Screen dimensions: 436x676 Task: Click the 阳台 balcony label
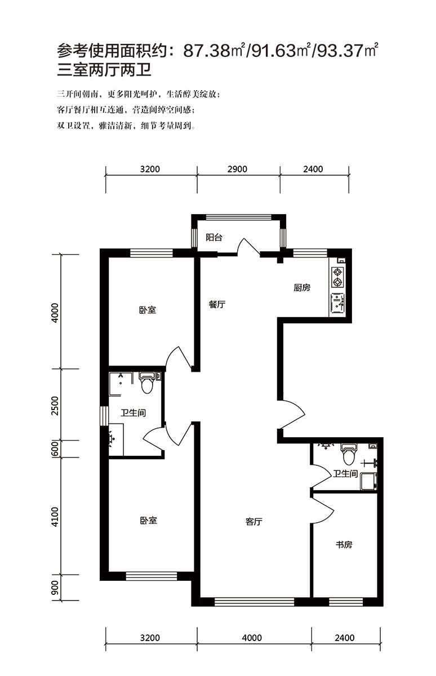214,238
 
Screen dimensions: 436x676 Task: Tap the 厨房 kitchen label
302,288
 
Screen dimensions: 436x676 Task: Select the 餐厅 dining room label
217,304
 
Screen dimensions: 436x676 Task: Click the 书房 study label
344,545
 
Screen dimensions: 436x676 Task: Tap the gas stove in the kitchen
337,277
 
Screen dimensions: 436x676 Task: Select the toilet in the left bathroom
147,383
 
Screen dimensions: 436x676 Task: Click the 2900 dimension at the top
237,169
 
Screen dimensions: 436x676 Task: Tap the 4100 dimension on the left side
55,517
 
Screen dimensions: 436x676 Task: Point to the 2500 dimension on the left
55,406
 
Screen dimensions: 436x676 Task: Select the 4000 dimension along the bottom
252,638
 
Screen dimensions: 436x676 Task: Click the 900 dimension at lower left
55,587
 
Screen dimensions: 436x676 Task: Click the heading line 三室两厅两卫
104,70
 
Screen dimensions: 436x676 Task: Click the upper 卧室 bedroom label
148,310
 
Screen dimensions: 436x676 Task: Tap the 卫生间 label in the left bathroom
134,413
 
